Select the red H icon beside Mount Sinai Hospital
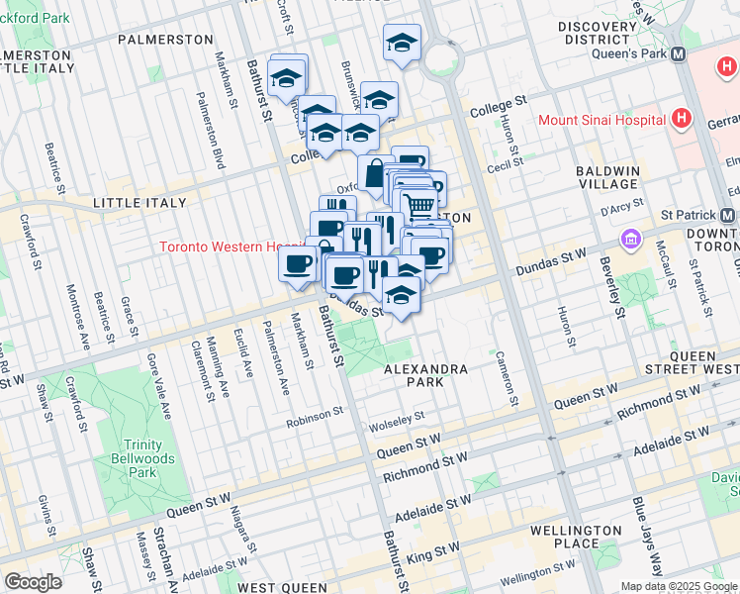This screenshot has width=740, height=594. [680, 120]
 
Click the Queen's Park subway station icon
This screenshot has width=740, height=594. [678, 55]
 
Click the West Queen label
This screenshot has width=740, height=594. [282, 587]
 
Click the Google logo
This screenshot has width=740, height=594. [33, 581]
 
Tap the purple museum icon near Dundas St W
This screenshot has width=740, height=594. [629, 239]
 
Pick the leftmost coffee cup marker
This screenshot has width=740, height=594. [297, 263]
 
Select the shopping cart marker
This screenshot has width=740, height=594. [419, 205]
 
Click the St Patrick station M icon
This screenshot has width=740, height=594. [728, 215]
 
